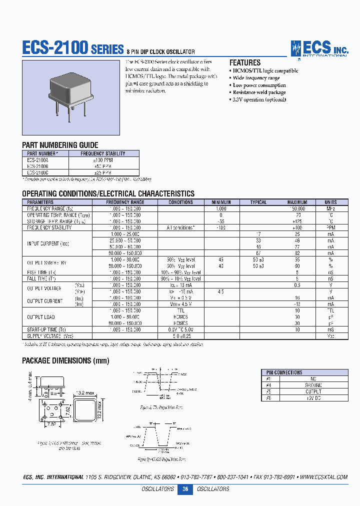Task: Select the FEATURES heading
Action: [x=244, y=63]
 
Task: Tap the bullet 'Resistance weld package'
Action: [x=259, y=92]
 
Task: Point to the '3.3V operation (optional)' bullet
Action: [x=259, y=99]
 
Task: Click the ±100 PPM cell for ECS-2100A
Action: [x=103, y=160]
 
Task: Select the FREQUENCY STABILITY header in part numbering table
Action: [x=103, y=153]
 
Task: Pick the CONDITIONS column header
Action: [x=180, y=202]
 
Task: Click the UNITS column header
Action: [x=330, y=202]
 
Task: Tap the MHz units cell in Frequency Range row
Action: [x=330, y=208]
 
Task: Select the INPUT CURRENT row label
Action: [x=48, y=243]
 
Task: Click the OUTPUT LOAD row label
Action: [x=41, y=317]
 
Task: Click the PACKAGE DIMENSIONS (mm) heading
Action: [x=65, y=360]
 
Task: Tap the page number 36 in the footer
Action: [x=185, y=489]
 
